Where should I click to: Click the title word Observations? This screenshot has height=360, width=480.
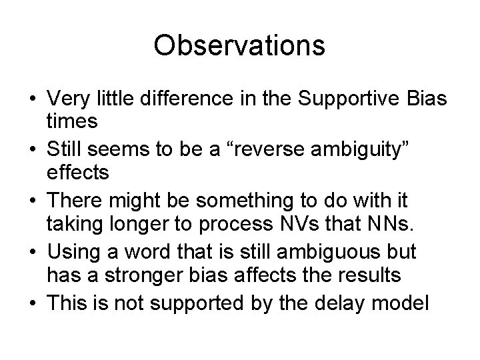[239, 45]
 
